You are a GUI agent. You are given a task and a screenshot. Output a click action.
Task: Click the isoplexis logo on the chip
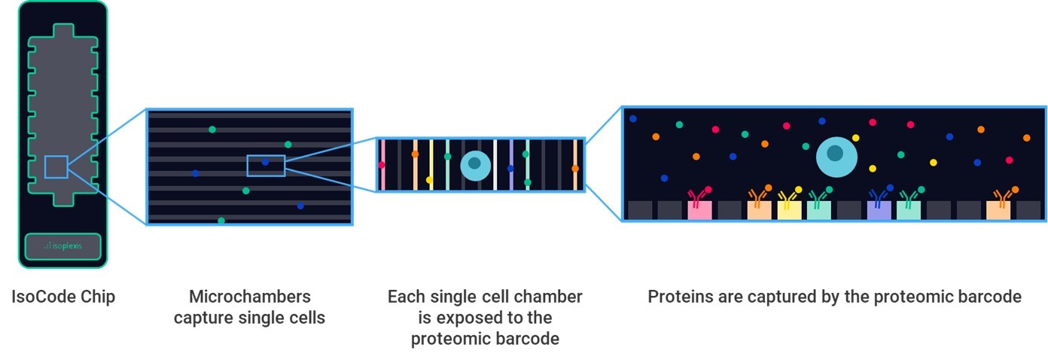pos(63,246)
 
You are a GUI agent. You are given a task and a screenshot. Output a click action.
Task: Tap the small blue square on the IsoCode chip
pos(56,166)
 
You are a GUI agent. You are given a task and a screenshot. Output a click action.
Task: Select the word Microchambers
pos(249,296)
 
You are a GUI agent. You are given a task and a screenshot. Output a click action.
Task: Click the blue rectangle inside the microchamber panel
pos(266,165)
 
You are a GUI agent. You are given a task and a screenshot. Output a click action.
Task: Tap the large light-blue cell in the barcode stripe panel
pos(474,165)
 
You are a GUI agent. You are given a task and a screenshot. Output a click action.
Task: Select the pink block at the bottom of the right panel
pos(699,210)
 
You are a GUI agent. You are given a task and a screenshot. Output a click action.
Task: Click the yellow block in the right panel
pos(789,210)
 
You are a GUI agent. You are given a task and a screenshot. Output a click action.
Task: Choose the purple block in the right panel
pos(879,210)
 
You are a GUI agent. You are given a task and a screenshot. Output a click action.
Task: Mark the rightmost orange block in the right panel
pos(998,210)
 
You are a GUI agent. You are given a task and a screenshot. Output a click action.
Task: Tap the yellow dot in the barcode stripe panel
pos(429,180)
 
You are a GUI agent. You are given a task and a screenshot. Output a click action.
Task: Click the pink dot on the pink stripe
pos(381,165)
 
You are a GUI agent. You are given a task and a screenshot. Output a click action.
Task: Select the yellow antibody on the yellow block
pos(788,198)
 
